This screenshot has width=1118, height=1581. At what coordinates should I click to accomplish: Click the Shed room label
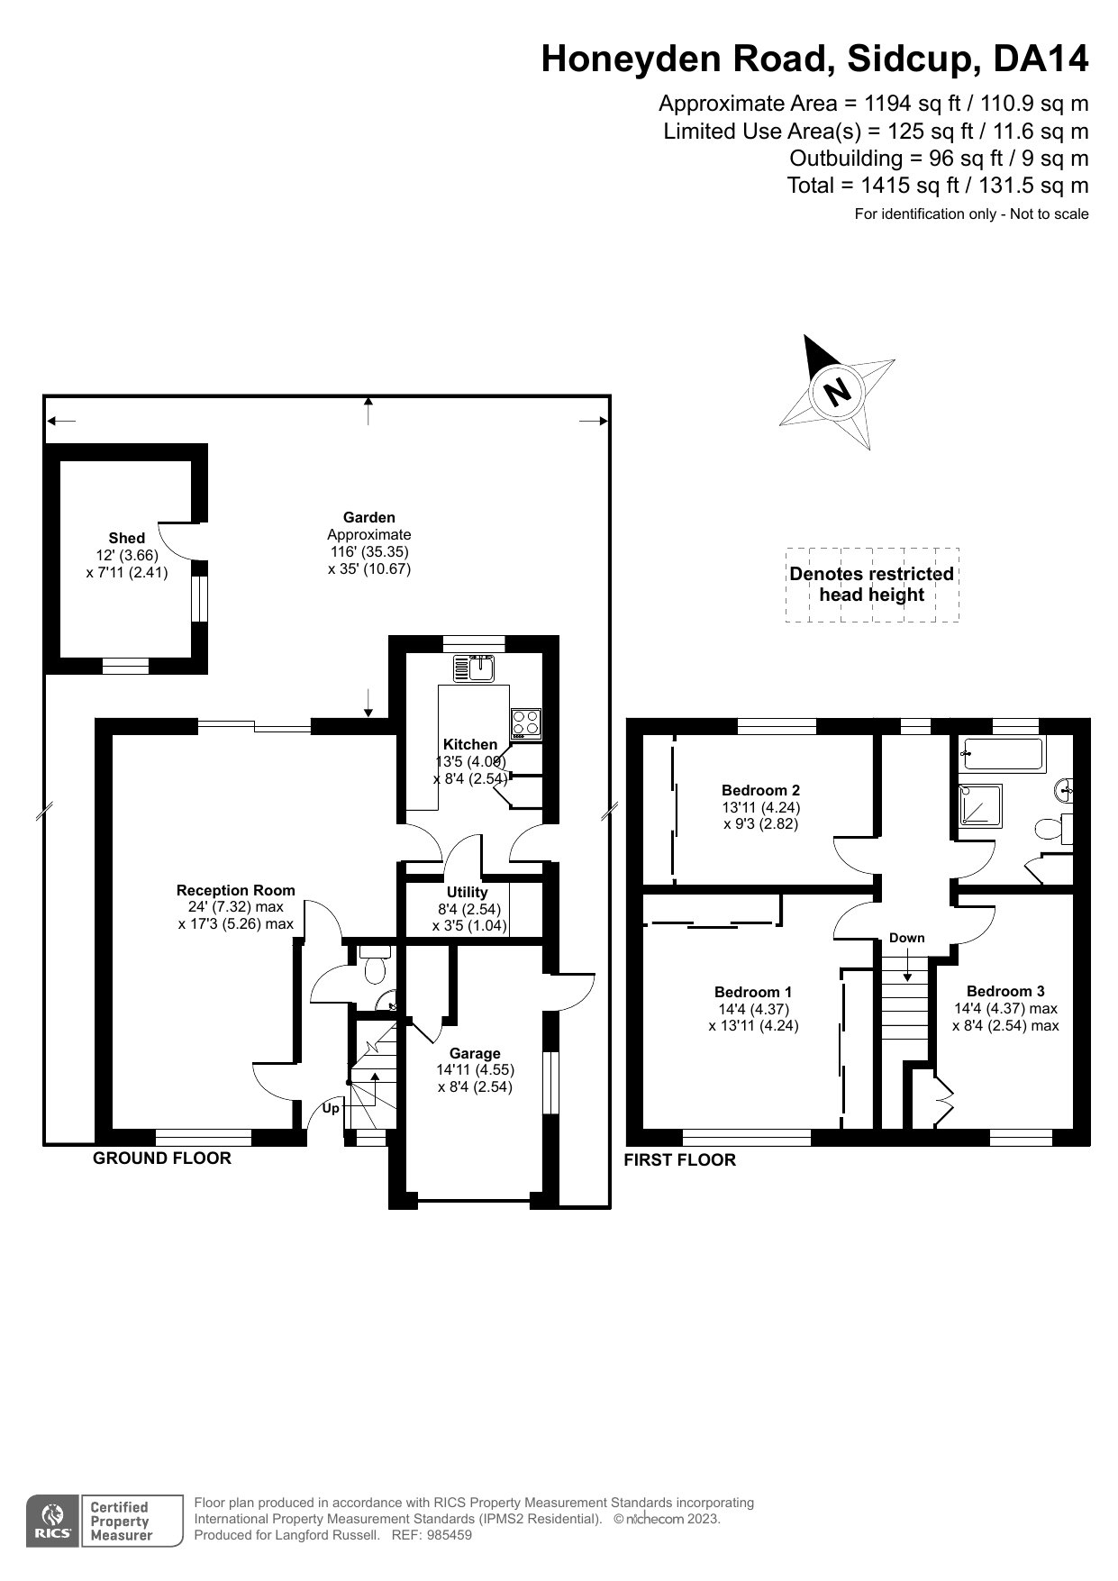[x=127, y=538]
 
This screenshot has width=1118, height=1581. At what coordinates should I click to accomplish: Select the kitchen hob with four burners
[x=525, y=722]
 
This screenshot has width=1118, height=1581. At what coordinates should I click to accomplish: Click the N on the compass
[x=838, y=392]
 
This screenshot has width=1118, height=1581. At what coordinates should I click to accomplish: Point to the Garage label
[x=475, y=1053]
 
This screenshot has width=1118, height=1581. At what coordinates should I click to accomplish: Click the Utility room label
[x=467, y=892]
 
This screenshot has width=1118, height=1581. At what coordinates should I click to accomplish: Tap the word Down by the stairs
[x=906, y=938]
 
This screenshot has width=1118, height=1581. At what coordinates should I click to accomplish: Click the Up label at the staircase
[x=331, y=1108]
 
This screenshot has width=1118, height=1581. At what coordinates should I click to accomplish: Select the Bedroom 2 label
[x=760, y=790]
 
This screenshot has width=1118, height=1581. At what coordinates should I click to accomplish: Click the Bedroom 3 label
[x=1005, y=991]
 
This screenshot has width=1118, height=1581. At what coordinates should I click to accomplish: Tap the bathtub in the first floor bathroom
[x=1002, y=754]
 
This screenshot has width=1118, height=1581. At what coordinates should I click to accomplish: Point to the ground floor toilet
[x=374, y=966]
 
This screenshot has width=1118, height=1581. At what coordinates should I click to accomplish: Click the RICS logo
[x=54, y=1522]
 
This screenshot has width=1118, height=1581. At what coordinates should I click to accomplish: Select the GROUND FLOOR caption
[x=162, y=1158]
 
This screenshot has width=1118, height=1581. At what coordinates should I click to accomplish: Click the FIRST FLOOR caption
[x=679, y=1160]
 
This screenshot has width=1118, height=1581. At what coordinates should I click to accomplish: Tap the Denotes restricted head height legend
[x=871, y=584]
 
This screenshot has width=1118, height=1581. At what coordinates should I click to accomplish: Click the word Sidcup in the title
[x=909, y=59]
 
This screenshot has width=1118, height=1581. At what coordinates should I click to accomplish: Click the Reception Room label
[x=235, y=890]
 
